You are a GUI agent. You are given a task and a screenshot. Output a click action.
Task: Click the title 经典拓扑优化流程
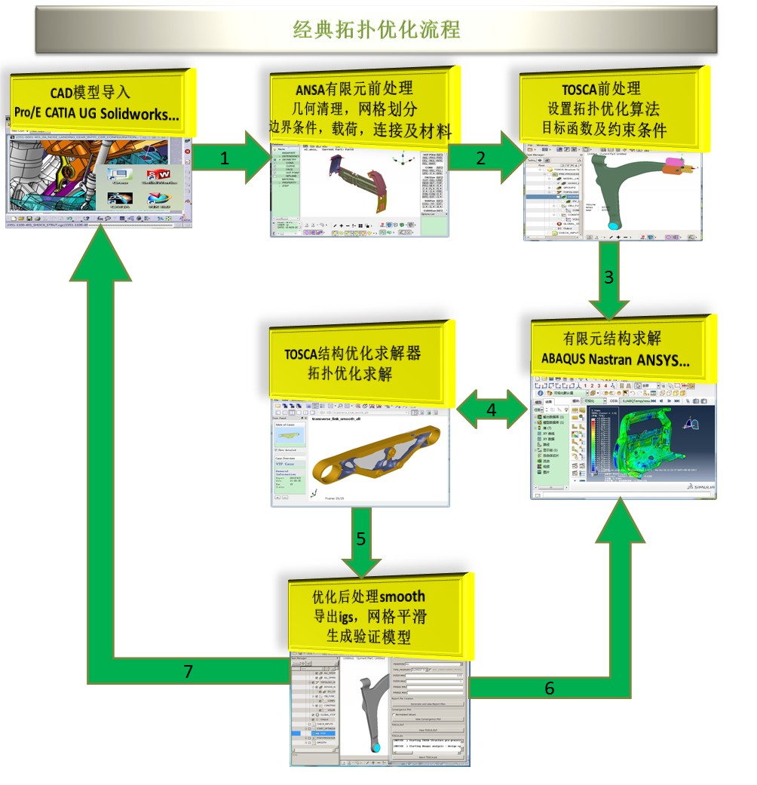376,29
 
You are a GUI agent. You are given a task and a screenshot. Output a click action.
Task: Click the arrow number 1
224,160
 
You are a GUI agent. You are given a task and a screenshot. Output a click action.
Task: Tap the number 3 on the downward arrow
609,276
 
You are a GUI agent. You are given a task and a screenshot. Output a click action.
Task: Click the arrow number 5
360,539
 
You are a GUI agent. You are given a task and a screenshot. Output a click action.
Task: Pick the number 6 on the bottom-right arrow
550,688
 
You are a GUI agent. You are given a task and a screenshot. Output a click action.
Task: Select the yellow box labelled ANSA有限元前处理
360,106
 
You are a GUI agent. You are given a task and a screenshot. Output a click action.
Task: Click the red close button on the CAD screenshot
187,151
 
